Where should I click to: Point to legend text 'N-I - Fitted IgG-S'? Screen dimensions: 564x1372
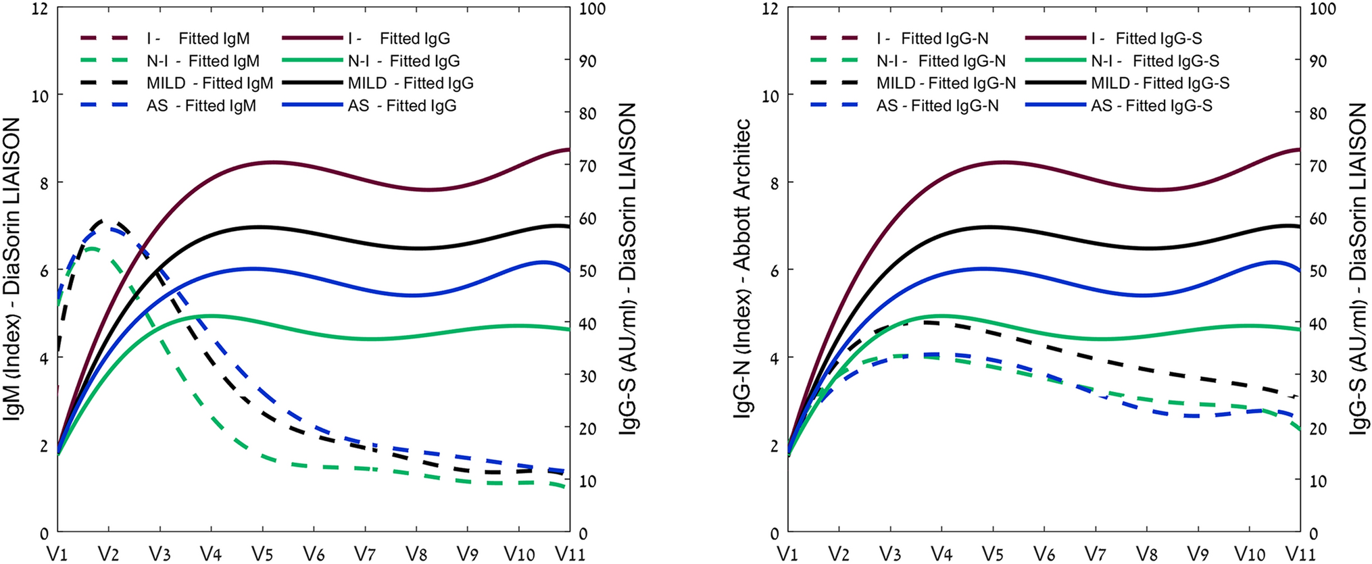tap(1155, 61)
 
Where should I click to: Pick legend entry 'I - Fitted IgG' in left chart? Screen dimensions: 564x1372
tap(399, 39)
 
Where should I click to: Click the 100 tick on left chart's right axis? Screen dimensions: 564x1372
tap(593, 9)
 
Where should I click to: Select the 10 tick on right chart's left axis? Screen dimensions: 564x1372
tap(770, 96)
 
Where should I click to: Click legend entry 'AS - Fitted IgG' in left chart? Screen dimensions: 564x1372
tap(402, 106)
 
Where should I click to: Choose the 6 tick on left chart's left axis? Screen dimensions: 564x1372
tap(45, 271)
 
